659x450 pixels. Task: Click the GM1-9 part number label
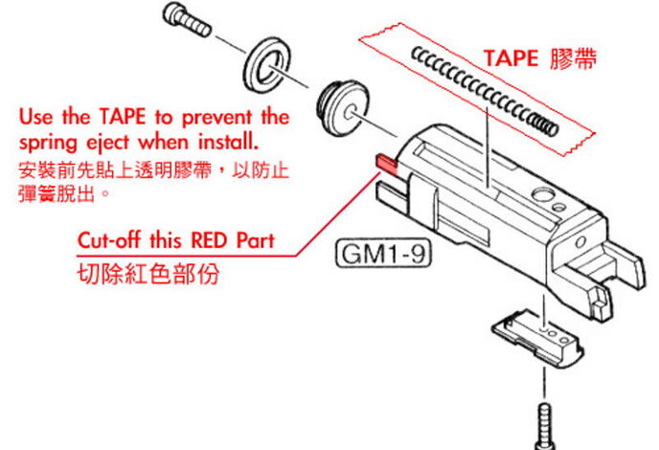378,256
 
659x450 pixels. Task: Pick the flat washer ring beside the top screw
265,64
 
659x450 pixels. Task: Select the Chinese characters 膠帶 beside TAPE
576,59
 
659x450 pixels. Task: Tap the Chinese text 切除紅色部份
148,274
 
